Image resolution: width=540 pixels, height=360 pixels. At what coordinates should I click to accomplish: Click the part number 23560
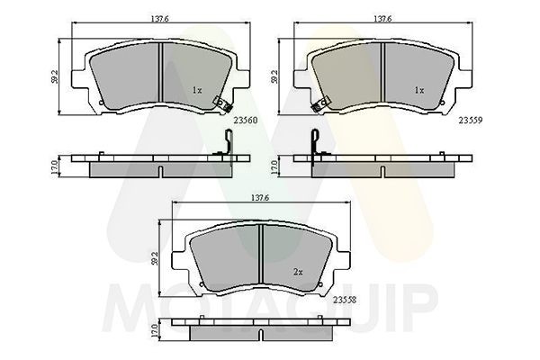(246, 121)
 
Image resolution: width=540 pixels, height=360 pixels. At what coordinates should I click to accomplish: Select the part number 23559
(471, 121)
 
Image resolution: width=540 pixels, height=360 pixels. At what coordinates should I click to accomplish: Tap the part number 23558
(345, 300)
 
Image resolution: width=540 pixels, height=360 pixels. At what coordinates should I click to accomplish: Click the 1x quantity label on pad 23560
(196, 90)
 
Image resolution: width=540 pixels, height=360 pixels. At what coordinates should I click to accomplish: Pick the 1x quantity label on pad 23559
(419, 90)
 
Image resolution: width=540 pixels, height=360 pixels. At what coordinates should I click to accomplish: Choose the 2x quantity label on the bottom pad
(298, 272)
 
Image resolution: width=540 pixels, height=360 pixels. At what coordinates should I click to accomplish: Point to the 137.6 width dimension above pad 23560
(159, 19)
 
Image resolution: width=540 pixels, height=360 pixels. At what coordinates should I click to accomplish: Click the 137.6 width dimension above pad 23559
(382, 19)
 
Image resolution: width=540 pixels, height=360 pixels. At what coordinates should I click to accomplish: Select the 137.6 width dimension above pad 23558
(260, 198)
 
